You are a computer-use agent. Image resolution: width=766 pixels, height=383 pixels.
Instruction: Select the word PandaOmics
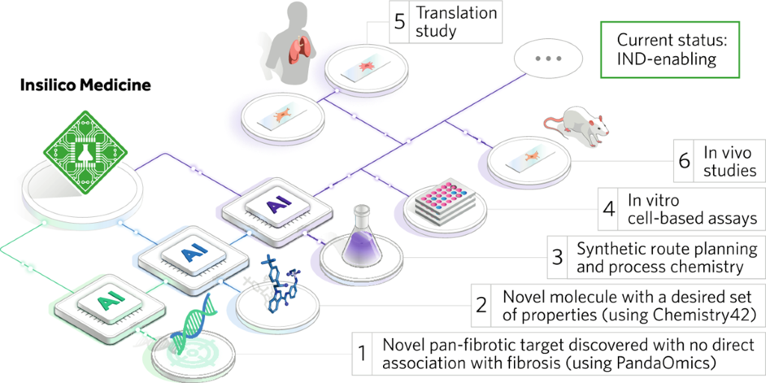pyautogui.click(x=674, y=364)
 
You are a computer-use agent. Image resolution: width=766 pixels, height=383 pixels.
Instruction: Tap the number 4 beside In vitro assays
pyautogui.click(x=610, y=209)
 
